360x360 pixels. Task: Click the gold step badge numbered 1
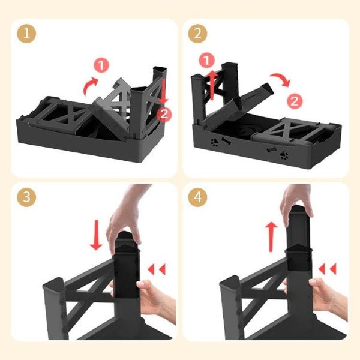(x=25, y=33)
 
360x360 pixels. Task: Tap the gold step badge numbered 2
(x=197, y=33)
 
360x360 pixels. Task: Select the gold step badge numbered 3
(x=25, y=197)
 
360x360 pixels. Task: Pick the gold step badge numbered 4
(x=197, y=197)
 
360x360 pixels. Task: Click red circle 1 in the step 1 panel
(x=101, y=65)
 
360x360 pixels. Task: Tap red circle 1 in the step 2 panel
(x=206, y=60)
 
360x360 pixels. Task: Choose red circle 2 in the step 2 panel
(x=293, y=101)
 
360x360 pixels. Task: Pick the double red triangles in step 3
(x=157, y=269)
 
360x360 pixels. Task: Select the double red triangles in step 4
(x=329, y=269)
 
